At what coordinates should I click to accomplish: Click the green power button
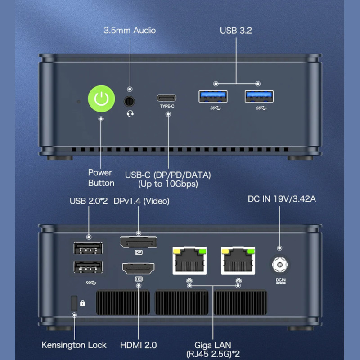[x=101, y=98]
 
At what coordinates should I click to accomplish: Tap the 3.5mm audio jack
[x=130, y=101]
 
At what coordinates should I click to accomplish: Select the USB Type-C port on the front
[x=166, y=98]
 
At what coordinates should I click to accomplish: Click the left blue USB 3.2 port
[x=213, y=97]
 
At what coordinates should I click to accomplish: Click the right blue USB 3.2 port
[x=259, y=97]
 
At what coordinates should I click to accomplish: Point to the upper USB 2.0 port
[x=88, y=248]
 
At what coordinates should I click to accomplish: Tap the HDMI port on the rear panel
[x=138, y=269]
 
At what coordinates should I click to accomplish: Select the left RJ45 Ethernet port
[x=189, y=261]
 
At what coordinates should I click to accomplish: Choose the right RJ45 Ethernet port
[x=238, y=261]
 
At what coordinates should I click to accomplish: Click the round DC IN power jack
[x=280, y=265]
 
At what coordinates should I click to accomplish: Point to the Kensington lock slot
[x=74, y=303]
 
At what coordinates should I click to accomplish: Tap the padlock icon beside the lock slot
[x=83, y=303]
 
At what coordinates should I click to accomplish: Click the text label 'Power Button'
[x=101, y=178]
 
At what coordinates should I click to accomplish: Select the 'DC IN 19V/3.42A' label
[x=282, y=198]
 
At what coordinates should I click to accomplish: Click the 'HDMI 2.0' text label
[x=138, y=345]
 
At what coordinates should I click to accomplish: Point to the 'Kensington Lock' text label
[x=74, y=345]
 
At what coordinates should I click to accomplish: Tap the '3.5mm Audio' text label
[x=130, y=31]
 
